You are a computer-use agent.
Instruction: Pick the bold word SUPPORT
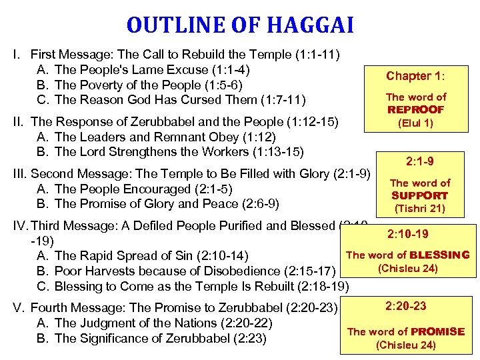click(x=420, y=195)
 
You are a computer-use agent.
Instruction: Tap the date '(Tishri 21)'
click(x=420, y=209)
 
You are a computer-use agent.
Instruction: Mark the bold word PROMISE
click(x=438, y=331)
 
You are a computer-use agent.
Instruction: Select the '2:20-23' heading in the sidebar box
click(x=406, y=306)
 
